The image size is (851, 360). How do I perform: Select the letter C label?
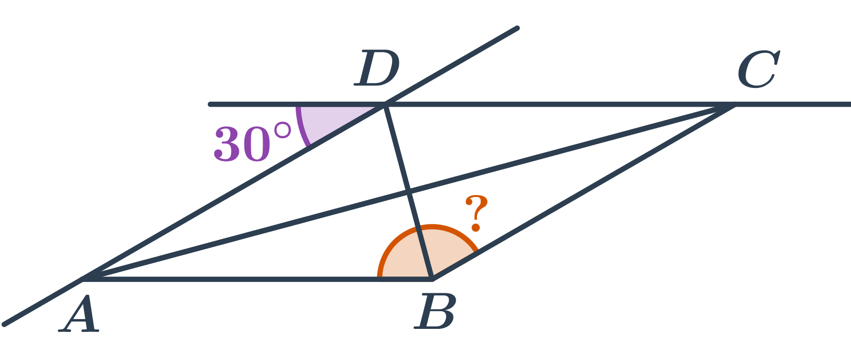pos(758,69)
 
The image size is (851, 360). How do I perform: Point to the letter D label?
pos(377,68)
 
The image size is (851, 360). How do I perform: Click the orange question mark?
pos(476,213)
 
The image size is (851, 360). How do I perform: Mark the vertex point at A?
pos(83,279)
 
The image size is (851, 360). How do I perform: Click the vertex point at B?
pos(432,279)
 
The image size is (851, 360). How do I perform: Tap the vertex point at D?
pos(385,104)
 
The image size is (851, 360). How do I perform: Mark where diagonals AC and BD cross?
pos(409,191)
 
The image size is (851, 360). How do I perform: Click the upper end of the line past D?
pos(517,28)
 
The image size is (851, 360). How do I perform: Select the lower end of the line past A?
pos(4,324)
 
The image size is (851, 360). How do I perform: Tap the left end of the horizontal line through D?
pos(210,104)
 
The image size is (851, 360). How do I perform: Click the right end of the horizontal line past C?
pos(849,104)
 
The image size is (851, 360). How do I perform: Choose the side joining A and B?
pos(258,279)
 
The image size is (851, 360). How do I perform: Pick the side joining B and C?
pos(583,192)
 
